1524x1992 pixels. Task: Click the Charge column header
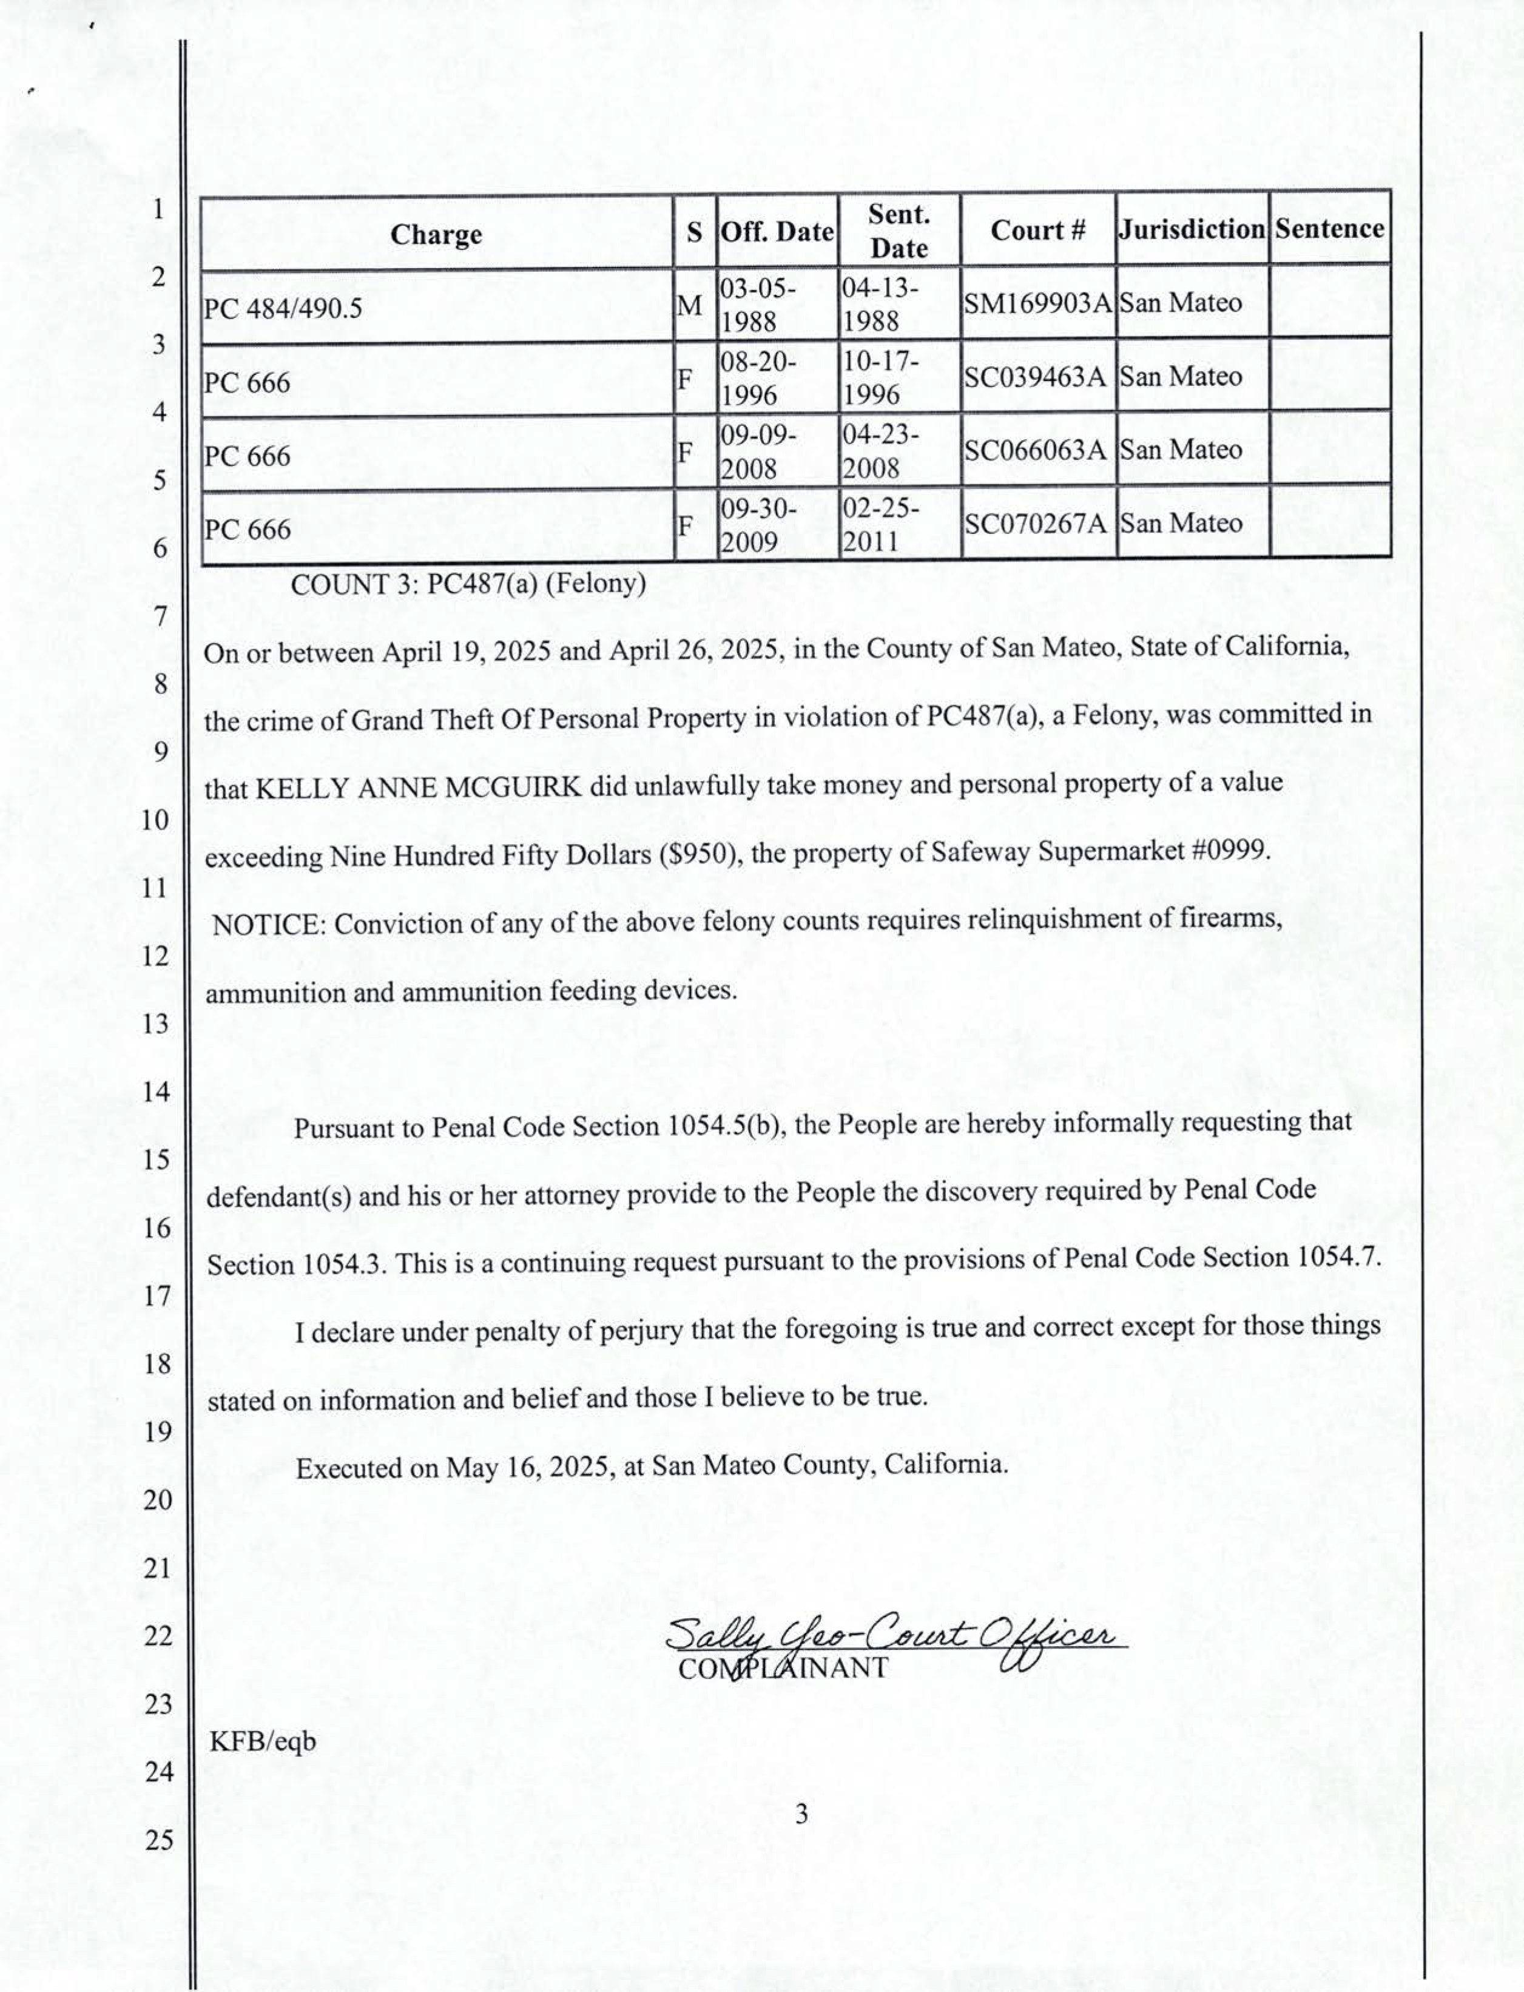pyautogui.click(x=436, y=234)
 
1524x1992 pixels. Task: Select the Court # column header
pyautogui.click(x=1038, y=231)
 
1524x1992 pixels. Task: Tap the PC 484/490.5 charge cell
pyautogui.click(x=283, y=309)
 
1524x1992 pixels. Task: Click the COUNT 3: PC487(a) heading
pyautogui.click(x=468, y=584)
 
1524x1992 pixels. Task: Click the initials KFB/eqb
pyautogui.click(x=263, y=1741)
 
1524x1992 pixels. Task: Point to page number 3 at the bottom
pyautogui.click(x=801, y=1814)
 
